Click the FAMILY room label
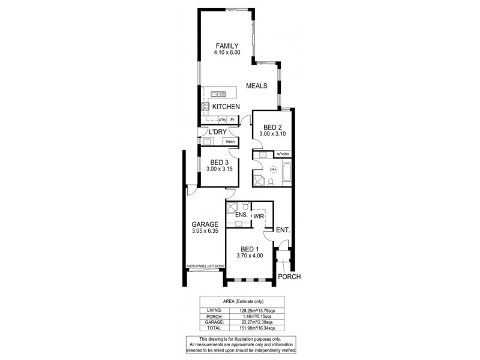227,46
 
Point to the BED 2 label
272,127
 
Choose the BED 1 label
249,249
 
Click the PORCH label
289,277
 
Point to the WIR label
259,215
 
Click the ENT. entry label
283,230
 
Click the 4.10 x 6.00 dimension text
227,53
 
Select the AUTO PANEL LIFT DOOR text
205,265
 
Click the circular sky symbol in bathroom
273,169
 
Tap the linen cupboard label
230,142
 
